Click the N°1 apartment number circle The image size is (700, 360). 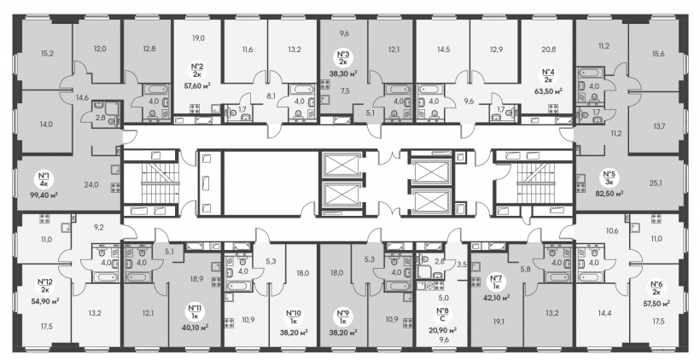point(44,179)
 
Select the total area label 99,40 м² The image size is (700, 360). point(44,195)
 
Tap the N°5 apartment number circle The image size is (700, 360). point(609,178)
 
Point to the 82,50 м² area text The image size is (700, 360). point(609,193)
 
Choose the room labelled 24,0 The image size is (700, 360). point(91,183)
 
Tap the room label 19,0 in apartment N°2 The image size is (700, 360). point(199,38)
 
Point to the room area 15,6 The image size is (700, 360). point(658,54)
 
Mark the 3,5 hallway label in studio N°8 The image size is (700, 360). point(462,264)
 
